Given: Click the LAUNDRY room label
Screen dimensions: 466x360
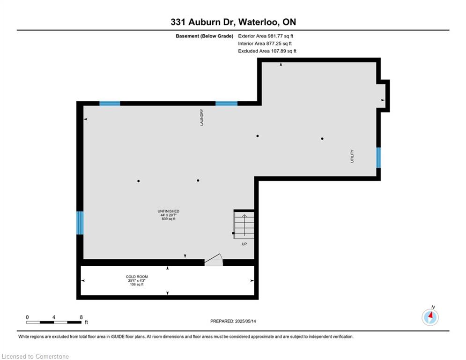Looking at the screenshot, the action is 202,117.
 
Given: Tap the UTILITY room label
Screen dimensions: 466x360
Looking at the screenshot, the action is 352,156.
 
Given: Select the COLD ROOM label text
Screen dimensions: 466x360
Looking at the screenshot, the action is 137,277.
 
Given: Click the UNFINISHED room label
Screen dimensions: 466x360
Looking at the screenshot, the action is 169,211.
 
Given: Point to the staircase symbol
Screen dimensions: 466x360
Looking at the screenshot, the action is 244,225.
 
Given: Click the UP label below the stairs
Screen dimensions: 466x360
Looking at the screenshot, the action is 244,244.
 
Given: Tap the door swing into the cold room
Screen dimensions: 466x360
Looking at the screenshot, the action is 214,260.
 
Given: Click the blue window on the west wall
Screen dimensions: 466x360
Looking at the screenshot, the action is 80,223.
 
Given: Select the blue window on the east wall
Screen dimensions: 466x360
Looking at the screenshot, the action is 378,157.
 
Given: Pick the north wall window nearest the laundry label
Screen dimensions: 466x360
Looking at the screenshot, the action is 227,104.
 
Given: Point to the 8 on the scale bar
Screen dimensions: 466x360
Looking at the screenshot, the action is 81,317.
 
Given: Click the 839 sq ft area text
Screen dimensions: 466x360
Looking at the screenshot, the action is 169,219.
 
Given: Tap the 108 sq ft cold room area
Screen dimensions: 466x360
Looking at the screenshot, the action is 137,285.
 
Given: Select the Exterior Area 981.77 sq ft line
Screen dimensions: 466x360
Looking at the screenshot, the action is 266,36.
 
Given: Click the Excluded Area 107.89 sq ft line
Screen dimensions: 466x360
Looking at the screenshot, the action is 267,51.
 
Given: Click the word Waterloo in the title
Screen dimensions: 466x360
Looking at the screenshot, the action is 259,22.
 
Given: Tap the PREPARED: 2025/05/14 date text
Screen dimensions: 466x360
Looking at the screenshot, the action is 233,321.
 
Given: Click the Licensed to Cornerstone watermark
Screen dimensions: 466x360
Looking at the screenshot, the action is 35,356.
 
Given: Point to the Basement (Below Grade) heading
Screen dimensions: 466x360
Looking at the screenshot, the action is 205,36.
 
